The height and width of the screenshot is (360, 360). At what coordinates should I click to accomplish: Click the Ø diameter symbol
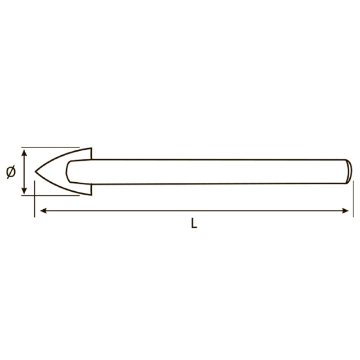point(11,171)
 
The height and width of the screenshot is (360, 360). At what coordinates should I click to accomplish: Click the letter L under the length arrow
point(194,223)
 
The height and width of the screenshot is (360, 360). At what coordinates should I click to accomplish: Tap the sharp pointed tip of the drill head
point(35,171)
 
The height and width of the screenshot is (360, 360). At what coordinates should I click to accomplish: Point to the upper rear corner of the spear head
point(91,148)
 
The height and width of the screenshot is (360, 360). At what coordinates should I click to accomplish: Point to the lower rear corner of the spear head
point(91,195)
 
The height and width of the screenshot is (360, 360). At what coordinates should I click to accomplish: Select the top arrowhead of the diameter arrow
point(24,153)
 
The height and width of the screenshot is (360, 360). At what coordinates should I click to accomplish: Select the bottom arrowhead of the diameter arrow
point(24,190)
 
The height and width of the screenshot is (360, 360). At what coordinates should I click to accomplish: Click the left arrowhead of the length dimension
point(43,211)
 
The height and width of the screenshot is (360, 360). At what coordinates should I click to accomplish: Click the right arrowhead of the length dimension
point(345,211)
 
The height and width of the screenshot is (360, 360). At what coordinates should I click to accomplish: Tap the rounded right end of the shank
point(350,171)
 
